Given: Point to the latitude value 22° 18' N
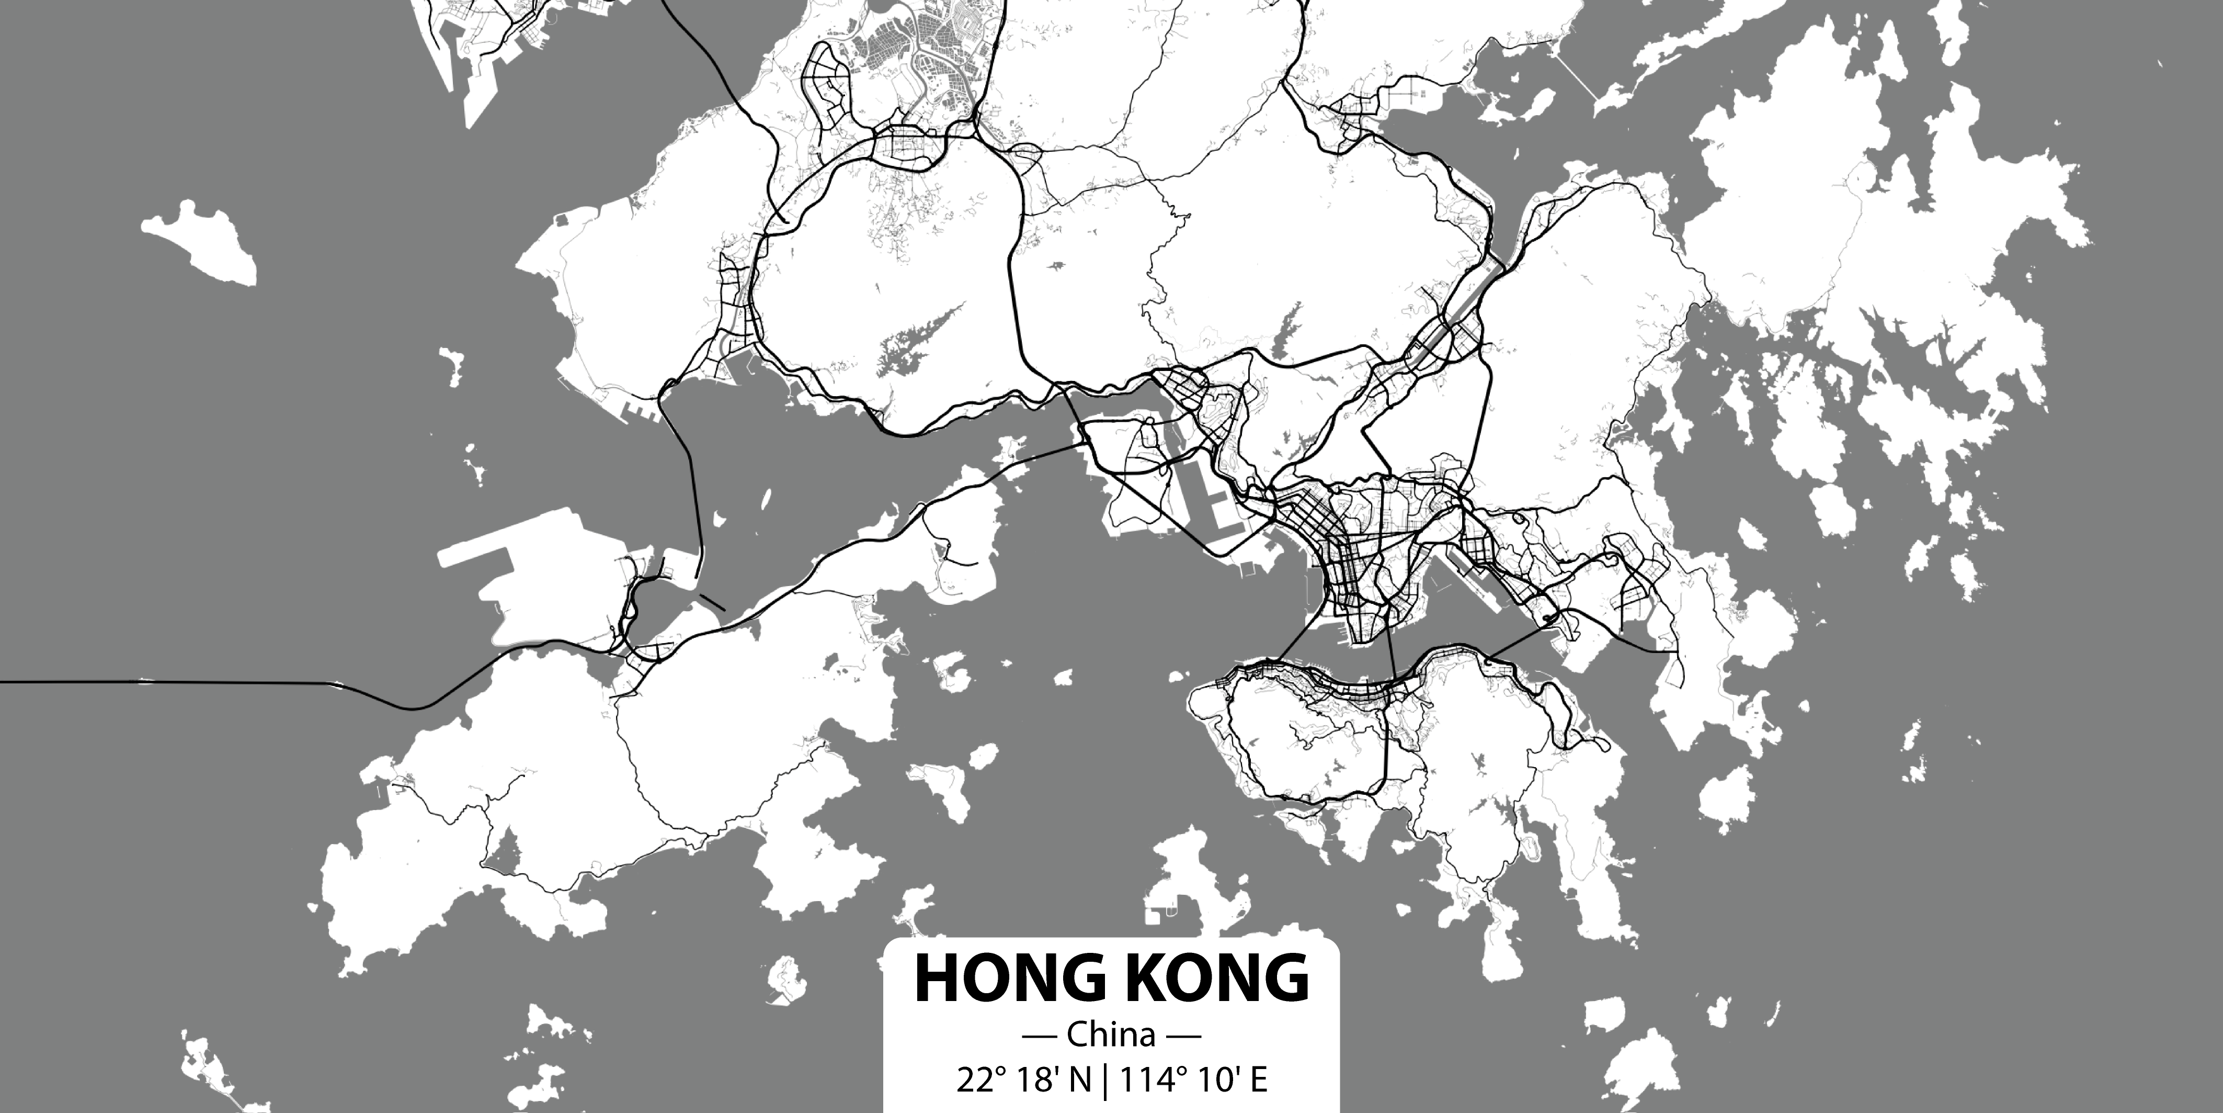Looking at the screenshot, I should click(x=1023, y=1080).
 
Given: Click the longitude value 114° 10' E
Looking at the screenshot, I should click(x=1193, y=1080).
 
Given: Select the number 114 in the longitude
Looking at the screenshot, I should click(x=1144, y=1080).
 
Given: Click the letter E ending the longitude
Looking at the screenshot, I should click(x=1259, y=1080).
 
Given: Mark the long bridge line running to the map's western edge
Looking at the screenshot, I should click(x=173, y=682).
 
